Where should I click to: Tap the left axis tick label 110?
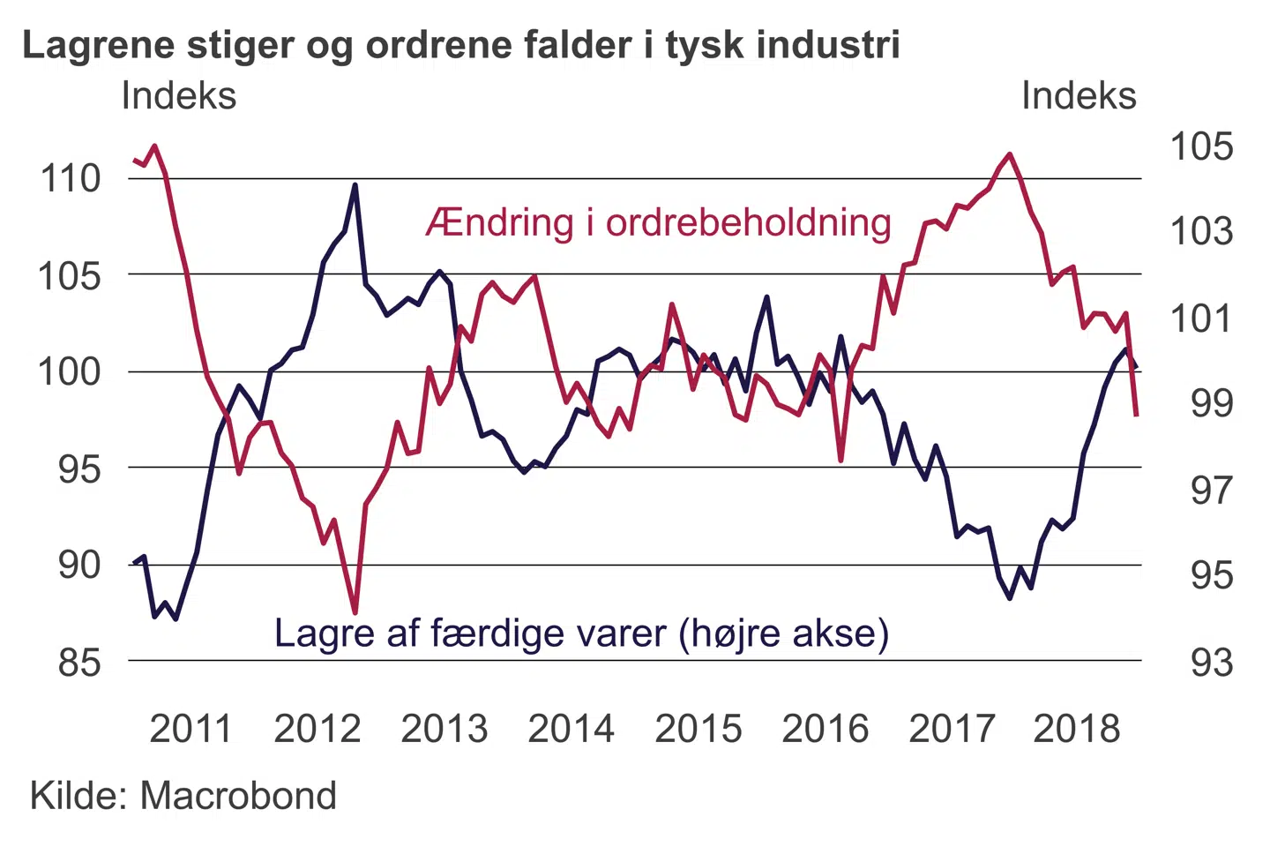click(x=71, y=179)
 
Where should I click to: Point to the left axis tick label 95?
click(x=79, y=469)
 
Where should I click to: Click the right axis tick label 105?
click(x=1200, y=146)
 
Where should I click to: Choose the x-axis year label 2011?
click(x=190, y=730)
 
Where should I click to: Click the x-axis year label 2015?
click(x=698, y=730)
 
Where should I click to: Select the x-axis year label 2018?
click(x=1076, y=730)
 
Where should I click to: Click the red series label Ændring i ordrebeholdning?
click(x=658, y=223)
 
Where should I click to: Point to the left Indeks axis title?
click(x=179, y=96)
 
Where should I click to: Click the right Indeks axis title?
click(x=1079, y=96)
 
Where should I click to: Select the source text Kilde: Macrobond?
click(x=183, y=796)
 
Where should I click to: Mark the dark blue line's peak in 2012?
click(x=355, y=185)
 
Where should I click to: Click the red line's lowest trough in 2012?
click(x=355, y=612)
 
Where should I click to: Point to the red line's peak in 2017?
click(x=1010, y=154)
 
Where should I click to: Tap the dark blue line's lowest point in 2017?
click(x=1010, y=598)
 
